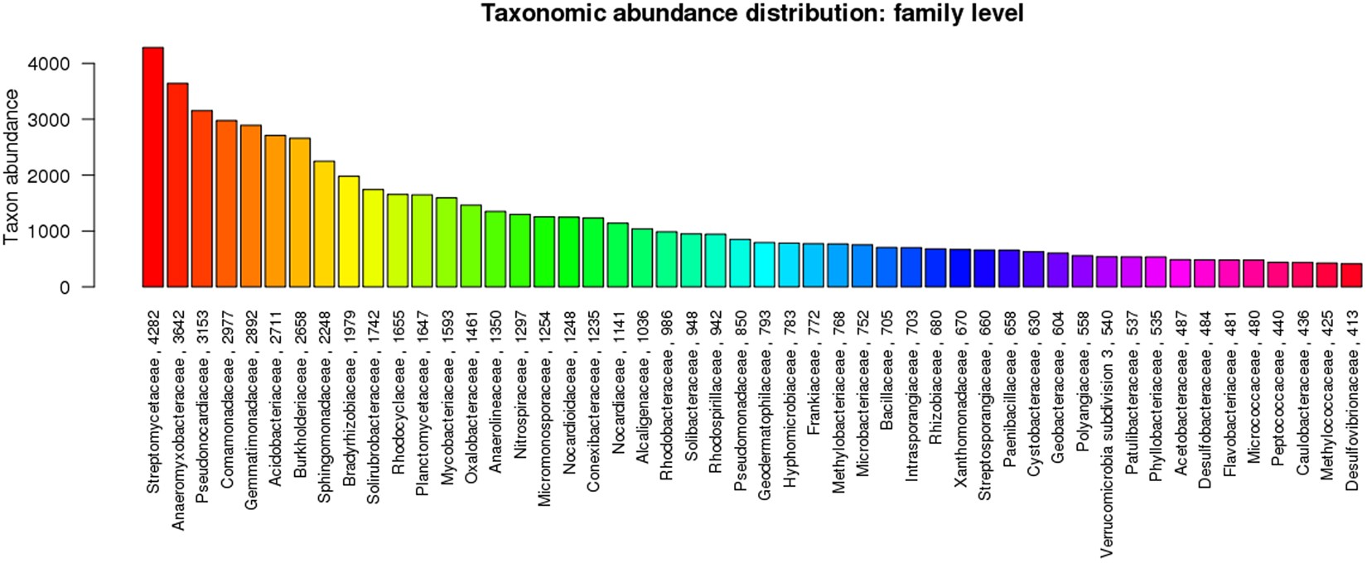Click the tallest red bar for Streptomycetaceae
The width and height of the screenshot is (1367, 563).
coord(153,166)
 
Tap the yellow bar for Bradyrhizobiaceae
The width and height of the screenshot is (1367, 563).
coord(349,231)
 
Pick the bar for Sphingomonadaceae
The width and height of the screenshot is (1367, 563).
coord(325,224)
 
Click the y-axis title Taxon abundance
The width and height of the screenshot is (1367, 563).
coord(12,166)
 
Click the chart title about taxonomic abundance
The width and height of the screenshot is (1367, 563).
coord(752,14)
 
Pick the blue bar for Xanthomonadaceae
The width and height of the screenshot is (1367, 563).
coord(960,268)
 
